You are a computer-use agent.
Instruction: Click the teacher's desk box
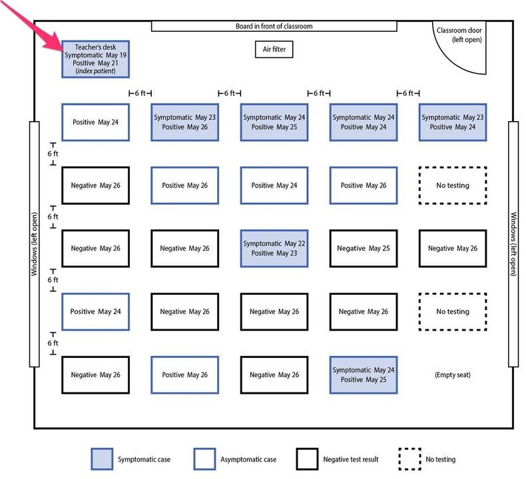click(x=95, y=59)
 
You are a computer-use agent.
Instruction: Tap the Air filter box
click(x=274, y=49)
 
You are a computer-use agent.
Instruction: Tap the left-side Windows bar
click(x=35, y=243)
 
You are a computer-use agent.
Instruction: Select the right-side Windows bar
click(x=513, y=243)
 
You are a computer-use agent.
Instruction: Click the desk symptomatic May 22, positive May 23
click(x=274, y=248)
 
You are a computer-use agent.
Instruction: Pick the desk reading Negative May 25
click(x=363, y=248)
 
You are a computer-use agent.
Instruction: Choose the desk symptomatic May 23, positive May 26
click(x=184, y=122)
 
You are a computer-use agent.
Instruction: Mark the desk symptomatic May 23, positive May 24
click(x=452, y=122)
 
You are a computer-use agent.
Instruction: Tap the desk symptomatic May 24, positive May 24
click(x=363, y=122)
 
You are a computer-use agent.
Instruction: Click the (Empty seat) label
click(x=452, y=375)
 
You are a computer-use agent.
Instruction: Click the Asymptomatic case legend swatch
click(x=205, y=459)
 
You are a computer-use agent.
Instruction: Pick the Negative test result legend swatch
click(x=307, y=459)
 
